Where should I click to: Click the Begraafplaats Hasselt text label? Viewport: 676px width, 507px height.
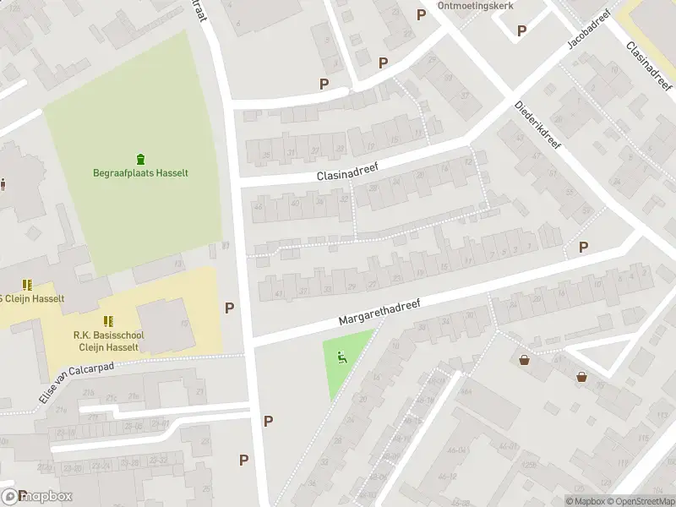click(x=140, y=173)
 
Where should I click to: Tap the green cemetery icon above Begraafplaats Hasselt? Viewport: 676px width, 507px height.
click(x=140, y=158)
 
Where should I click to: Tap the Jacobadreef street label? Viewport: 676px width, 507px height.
click(x=588, y=30)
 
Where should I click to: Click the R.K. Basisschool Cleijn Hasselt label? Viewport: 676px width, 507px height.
click(x=108, y=341)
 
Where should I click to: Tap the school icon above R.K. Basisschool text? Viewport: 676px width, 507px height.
click(x=108, y=321)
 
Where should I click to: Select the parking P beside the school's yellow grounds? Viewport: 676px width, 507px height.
click(x=229, y=308)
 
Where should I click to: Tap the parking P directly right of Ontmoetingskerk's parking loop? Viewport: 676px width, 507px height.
click(x=521, y=30)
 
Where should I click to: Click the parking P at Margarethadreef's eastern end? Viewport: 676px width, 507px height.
click(x=583, y=247)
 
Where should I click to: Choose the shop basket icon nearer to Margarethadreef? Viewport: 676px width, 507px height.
click(x=525, y=359)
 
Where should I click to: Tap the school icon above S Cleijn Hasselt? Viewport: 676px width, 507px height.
click(x=27, y=285)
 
